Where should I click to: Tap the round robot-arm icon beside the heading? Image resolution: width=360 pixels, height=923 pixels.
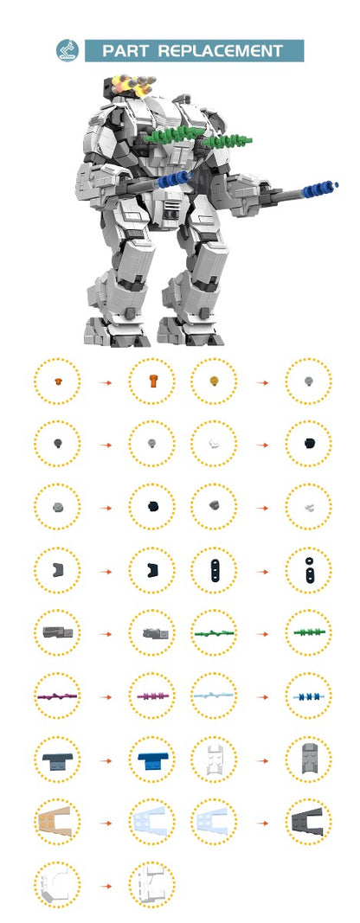(67, 50)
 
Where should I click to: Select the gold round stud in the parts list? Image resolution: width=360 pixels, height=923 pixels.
(213, 381)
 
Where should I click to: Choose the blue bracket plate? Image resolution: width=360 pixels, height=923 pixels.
(151, 760)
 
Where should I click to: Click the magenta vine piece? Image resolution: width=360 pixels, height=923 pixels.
(57, 696)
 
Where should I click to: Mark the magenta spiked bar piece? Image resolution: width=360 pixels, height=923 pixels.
(151, 696)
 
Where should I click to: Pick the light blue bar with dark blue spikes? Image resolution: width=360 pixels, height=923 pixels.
(308, 696)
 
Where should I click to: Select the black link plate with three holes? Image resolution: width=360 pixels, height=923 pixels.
(213, 569)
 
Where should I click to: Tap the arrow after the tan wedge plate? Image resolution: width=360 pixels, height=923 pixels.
(105, 823)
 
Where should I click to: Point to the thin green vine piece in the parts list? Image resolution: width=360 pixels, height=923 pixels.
(213, 633)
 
